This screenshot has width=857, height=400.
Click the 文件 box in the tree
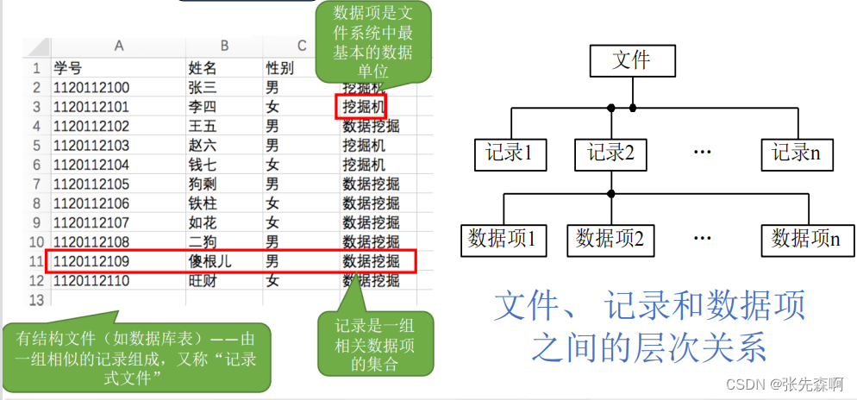[x=631, y=60]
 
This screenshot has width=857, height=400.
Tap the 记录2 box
[x=610, y=153]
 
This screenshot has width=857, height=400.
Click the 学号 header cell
[x=67, y=67]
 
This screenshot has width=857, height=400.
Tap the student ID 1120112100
[x=91, y=87]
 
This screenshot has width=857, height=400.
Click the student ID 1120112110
[x=91, y=280]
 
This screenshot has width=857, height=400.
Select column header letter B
[x=224, y=47]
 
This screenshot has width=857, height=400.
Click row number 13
[x=36, y=300]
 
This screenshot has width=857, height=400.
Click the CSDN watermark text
[x=783, y=384]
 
